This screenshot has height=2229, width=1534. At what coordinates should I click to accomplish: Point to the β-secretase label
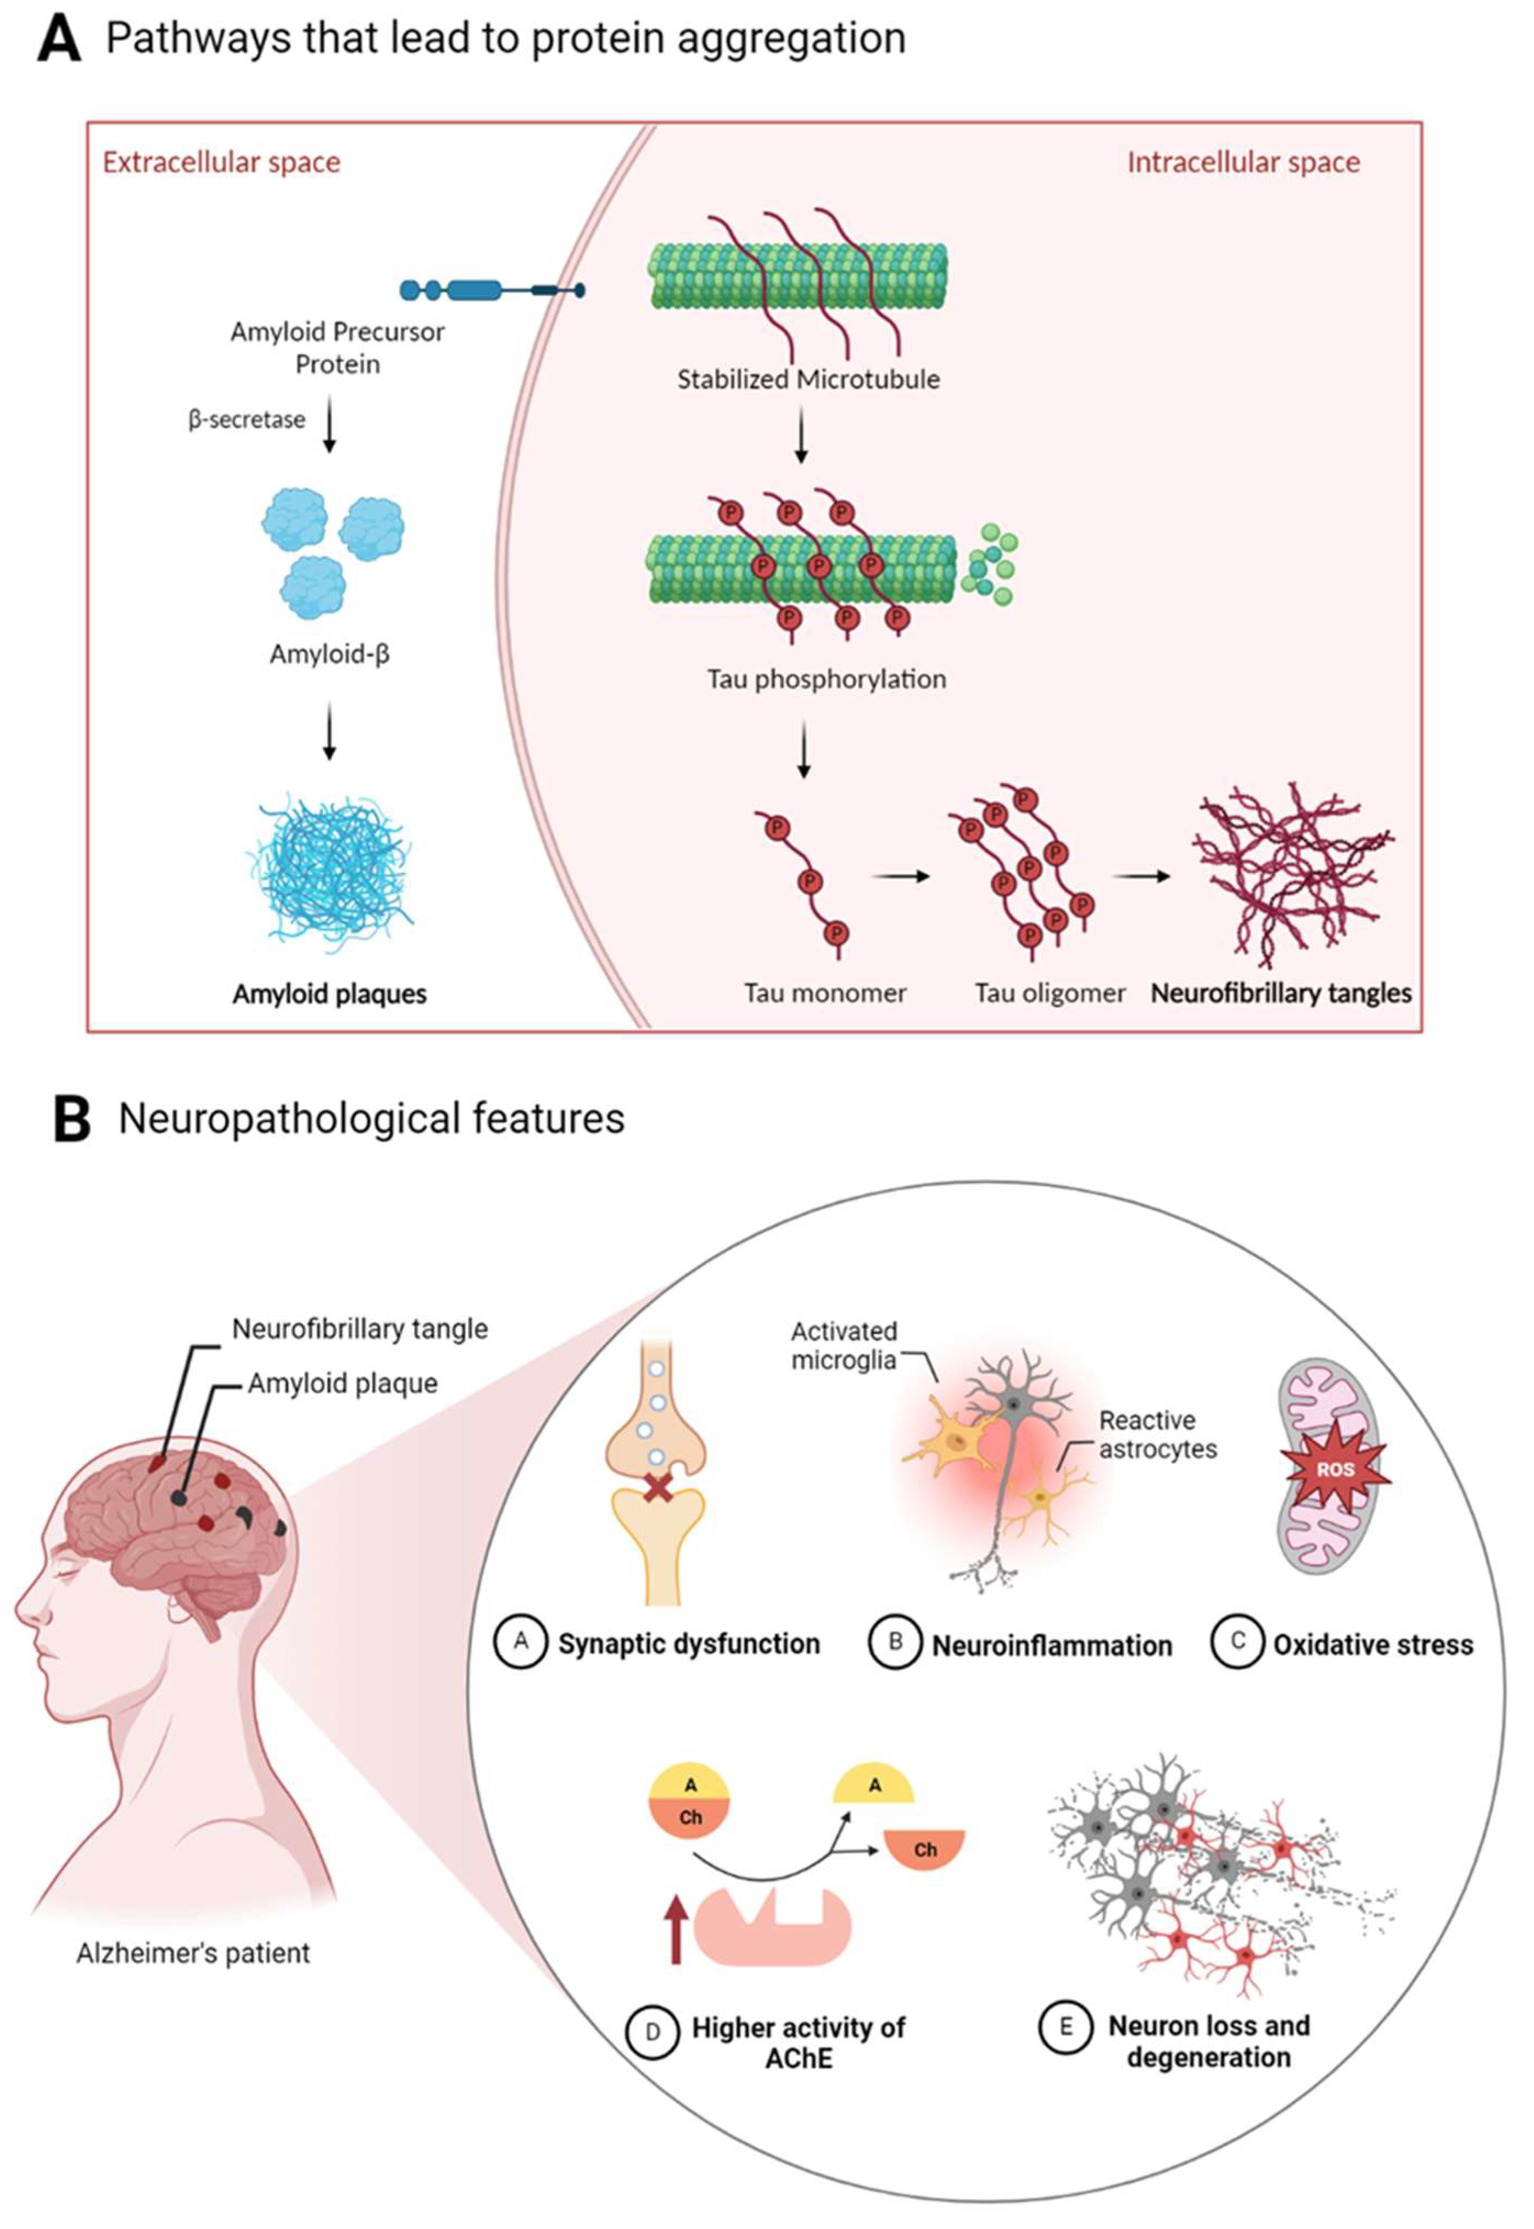pos(247,420)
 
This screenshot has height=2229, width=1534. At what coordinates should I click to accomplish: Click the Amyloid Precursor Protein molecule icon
pos(490,289)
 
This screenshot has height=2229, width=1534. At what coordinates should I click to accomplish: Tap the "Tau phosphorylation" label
pos(827,678)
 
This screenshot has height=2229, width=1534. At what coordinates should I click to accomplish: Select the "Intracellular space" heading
pos(1243,163)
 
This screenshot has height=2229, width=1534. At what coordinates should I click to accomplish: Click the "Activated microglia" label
pos(844,1345)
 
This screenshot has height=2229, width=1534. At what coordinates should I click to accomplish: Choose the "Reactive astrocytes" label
pos(1157,1434)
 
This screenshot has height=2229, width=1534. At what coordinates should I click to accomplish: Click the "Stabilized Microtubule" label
pos(808,378)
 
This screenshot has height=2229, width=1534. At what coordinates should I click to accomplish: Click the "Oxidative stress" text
pos(1373,1645)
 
